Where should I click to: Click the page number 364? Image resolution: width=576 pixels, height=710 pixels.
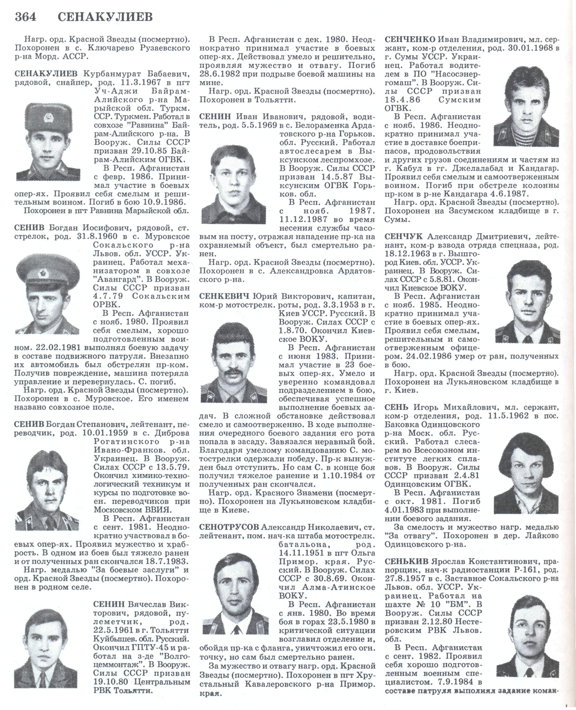tap(25, 17)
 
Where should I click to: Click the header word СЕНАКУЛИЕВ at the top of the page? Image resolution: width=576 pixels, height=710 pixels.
tap(105, 17)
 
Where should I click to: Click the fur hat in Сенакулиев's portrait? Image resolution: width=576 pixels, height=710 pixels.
tap(46, 116)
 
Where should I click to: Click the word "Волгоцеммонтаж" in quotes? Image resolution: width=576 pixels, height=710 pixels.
tap(171, 656)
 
